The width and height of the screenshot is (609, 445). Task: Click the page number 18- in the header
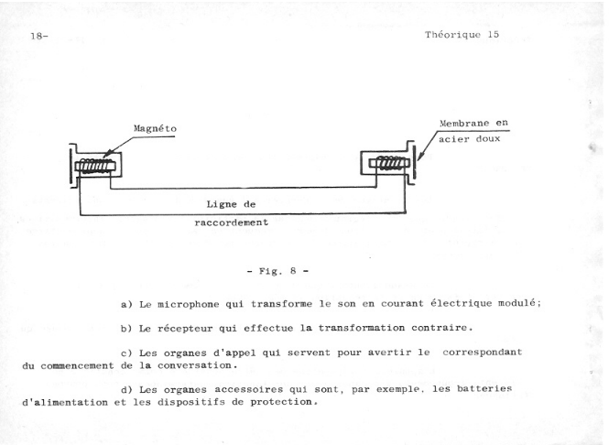[39, 36]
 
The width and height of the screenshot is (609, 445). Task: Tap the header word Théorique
[453, 35]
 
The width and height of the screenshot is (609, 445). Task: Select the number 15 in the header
[494, 34]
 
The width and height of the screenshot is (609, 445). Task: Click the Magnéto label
[155, 128]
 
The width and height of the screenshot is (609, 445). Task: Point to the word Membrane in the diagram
[464, 124]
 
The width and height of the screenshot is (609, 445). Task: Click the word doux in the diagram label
[488, 139]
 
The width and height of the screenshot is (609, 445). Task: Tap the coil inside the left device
[94, 167]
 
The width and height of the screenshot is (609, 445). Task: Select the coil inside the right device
[389, 162]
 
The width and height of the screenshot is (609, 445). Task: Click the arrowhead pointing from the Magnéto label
[106, 155]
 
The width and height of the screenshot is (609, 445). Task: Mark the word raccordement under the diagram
[231, 222]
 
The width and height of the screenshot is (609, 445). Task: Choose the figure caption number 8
[293, 271]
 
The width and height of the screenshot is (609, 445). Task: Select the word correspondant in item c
[483, 353]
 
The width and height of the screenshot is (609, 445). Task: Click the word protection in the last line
[282, 402]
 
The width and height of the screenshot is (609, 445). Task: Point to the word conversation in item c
[195, 365]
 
